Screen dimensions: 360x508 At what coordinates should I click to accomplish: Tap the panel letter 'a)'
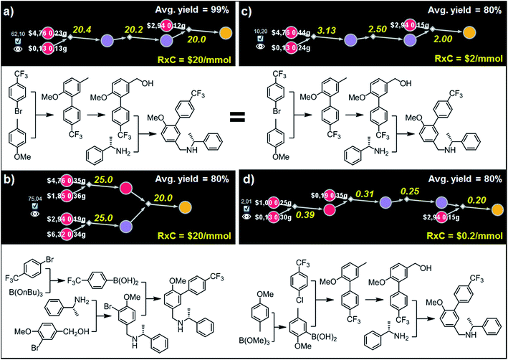pos(11,9)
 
